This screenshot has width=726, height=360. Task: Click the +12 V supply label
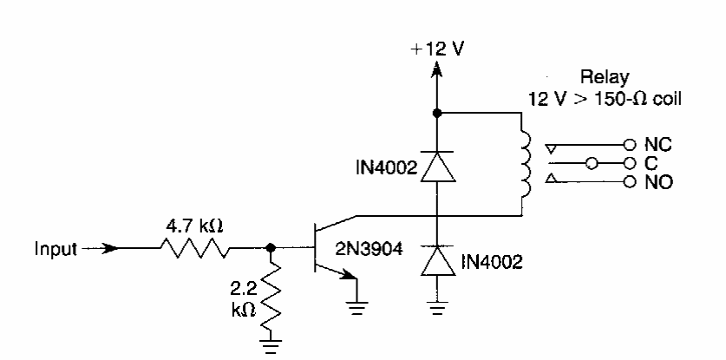click(438, 49)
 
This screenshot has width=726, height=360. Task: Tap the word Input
click(56, 248)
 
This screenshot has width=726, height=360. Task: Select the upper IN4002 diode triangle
click(437, 167)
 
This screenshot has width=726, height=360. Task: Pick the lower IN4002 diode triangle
click(437, 259)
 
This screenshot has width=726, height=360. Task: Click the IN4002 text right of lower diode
click(492, 259)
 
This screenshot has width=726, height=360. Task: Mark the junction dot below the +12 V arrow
click(437, 113)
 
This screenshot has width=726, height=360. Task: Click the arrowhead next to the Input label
click(109, 249)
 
